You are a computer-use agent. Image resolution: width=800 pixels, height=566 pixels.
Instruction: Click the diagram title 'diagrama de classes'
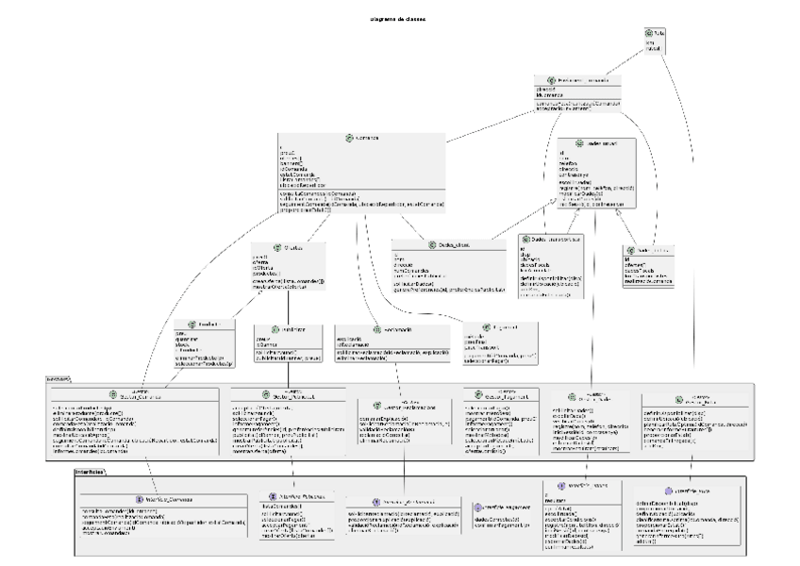coord(396,18)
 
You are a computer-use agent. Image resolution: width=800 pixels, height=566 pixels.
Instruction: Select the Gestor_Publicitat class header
coord(281,395)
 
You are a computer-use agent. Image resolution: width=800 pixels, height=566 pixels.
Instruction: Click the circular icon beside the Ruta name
coord(647,33)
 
